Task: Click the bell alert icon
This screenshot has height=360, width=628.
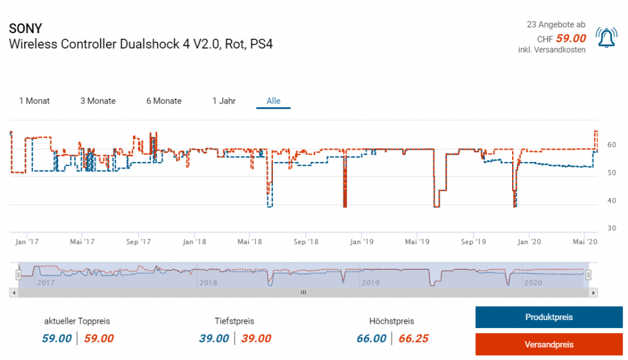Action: coord(606,39)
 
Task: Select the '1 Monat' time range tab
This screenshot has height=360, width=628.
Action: coord(34,101)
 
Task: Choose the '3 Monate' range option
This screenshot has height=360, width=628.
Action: coord(98,101)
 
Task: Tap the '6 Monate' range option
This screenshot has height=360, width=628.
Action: coord(164,101)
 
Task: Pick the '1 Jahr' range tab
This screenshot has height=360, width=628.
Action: coord(224,101)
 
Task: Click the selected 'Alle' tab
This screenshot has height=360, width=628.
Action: coord(274,101)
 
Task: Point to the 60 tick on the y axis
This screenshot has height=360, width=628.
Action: coord(611,145)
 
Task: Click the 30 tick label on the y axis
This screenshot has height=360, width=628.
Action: coord(611,228)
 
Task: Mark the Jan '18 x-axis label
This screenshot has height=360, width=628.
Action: coord(194,242)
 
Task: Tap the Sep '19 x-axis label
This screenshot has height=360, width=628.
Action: coord(473,242)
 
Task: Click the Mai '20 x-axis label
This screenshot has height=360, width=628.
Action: coord(584,242)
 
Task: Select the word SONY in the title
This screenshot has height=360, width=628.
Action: coord(26,29)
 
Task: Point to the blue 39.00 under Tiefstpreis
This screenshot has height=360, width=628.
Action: coord(214,339)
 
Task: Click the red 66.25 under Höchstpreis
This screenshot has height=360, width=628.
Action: coord(413,339)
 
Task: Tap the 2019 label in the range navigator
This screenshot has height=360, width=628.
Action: coord(370,283)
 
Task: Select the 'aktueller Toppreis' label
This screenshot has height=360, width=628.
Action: coord(77,321)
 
